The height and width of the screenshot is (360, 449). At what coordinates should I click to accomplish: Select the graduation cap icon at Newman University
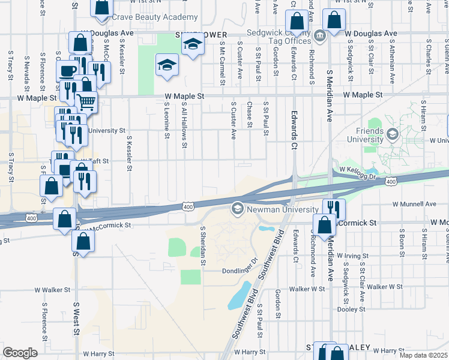click(x=237, y=209)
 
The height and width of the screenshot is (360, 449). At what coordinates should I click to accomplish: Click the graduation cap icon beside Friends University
click(x=393, y=133)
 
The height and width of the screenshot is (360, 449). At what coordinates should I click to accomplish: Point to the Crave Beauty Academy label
click(x=159, y=17)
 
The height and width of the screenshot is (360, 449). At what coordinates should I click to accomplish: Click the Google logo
click(x=20, y=352)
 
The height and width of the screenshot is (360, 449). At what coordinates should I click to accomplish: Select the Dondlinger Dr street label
click(x=240, y=270)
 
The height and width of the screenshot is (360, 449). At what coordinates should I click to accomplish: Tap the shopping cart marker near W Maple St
click(x=86, y=103)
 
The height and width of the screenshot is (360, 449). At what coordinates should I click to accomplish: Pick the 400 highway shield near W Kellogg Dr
click(x=390, y=181)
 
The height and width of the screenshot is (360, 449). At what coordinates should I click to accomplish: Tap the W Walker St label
click(x=52, y=290)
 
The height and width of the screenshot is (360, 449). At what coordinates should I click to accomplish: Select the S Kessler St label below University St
click(x=129, y=152)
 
